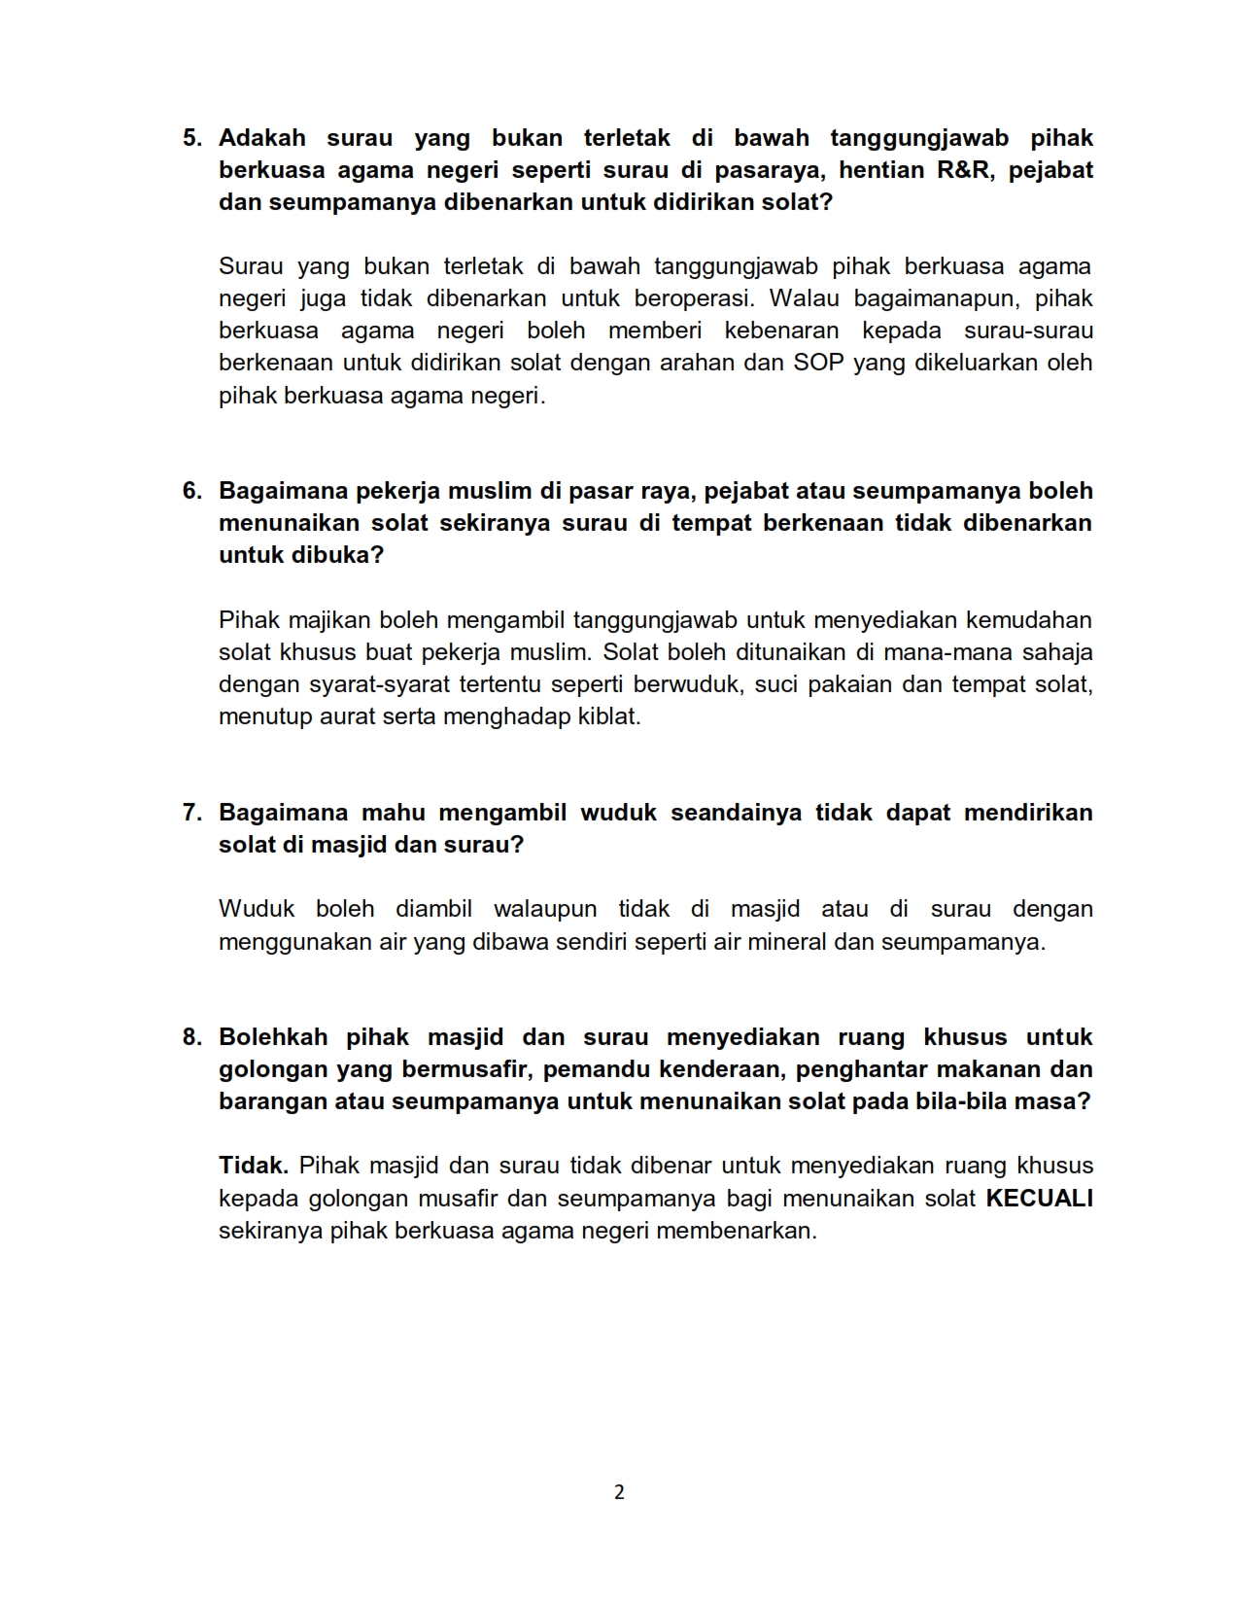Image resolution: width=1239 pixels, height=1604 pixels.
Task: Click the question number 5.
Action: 191,138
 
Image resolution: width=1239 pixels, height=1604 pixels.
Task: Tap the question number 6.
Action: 191,491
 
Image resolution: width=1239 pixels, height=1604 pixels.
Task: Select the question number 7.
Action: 191,813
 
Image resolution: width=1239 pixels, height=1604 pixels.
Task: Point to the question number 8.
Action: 191,1037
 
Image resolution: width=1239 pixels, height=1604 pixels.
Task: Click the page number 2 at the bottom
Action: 619,1492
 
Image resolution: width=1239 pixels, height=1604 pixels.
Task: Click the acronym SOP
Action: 819,364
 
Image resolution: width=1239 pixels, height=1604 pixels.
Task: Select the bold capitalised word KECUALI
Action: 1039,1199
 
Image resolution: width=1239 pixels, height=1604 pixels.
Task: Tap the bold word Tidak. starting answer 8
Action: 254,1167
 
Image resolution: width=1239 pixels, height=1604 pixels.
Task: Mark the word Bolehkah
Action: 273,1037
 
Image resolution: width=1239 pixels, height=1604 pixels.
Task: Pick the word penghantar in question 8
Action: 856,1069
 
